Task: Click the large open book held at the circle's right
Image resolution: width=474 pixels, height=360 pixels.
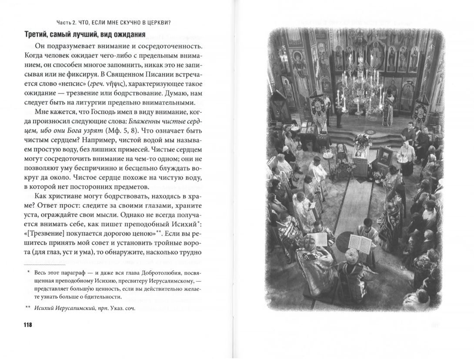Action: click(359, 244)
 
